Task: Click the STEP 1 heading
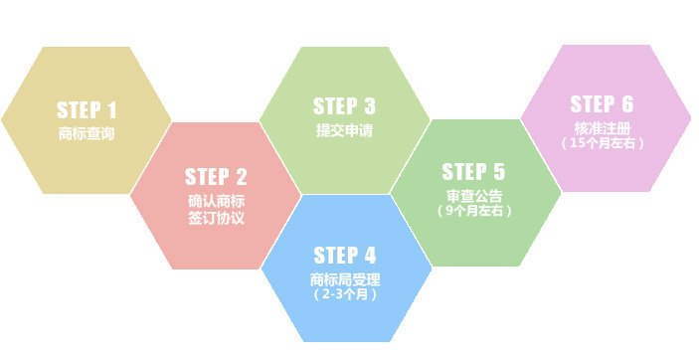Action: (x=87, y=109)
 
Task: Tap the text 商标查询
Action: (x=87, y=133)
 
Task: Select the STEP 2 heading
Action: (x=216, y=177)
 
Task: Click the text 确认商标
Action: (x=216, y=201)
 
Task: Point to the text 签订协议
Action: (x=216, y=218)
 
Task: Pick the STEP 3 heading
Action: (x=344, y=105)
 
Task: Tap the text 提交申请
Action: (x=344, y=130)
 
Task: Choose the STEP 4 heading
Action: (x=345, y=254)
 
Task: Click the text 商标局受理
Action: (x=345, y=278)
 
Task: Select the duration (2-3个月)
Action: (x=345, y=295)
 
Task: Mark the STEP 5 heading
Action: (x=473, y=171)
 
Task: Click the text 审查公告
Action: (x=474, y=194)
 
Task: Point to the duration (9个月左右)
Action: (x=474, y=211)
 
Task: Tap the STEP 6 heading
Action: (x=602, y=103)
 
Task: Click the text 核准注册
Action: (x=603, y=127)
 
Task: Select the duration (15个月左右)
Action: (x=603, y=144)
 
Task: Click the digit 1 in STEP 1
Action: (x=111, y=109)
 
